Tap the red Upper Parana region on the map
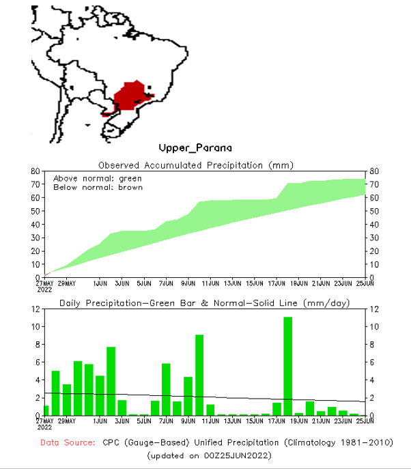(130, 96)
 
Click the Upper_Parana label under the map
(195, 147)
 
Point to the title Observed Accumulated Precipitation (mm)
(195, 165)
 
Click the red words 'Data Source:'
(68, 442)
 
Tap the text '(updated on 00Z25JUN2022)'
(209, 455)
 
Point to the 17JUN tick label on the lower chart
(277, 421)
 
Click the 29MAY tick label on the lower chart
(67, 421)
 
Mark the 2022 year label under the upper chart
(44, 289)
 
